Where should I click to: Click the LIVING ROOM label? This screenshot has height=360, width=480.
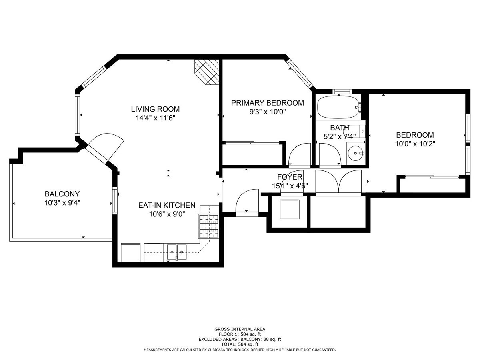point(155,109)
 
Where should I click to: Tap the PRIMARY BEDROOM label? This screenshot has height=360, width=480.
point(268,103)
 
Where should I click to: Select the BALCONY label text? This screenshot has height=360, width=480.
point(62,194)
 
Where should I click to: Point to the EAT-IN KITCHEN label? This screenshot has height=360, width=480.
point(167,205)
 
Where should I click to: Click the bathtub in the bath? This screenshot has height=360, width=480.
point(338,107)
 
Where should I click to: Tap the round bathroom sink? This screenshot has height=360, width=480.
point(355,153)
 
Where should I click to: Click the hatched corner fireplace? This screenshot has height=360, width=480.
point(207,72)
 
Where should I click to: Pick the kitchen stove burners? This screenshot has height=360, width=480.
point(209,226)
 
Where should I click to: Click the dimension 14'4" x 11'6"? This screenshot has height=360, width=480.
point(155,118)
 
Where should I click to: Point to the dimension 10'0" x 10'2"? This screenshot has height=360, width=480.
point(415,144)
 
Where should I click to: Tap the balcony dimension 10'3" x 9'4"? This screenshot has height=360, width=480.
point(62,203)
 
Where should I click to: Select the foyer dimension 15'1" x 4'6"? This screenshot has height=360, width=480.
point(290,186)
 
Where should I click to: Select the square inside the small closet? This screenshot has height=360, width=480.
point(290,209)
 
